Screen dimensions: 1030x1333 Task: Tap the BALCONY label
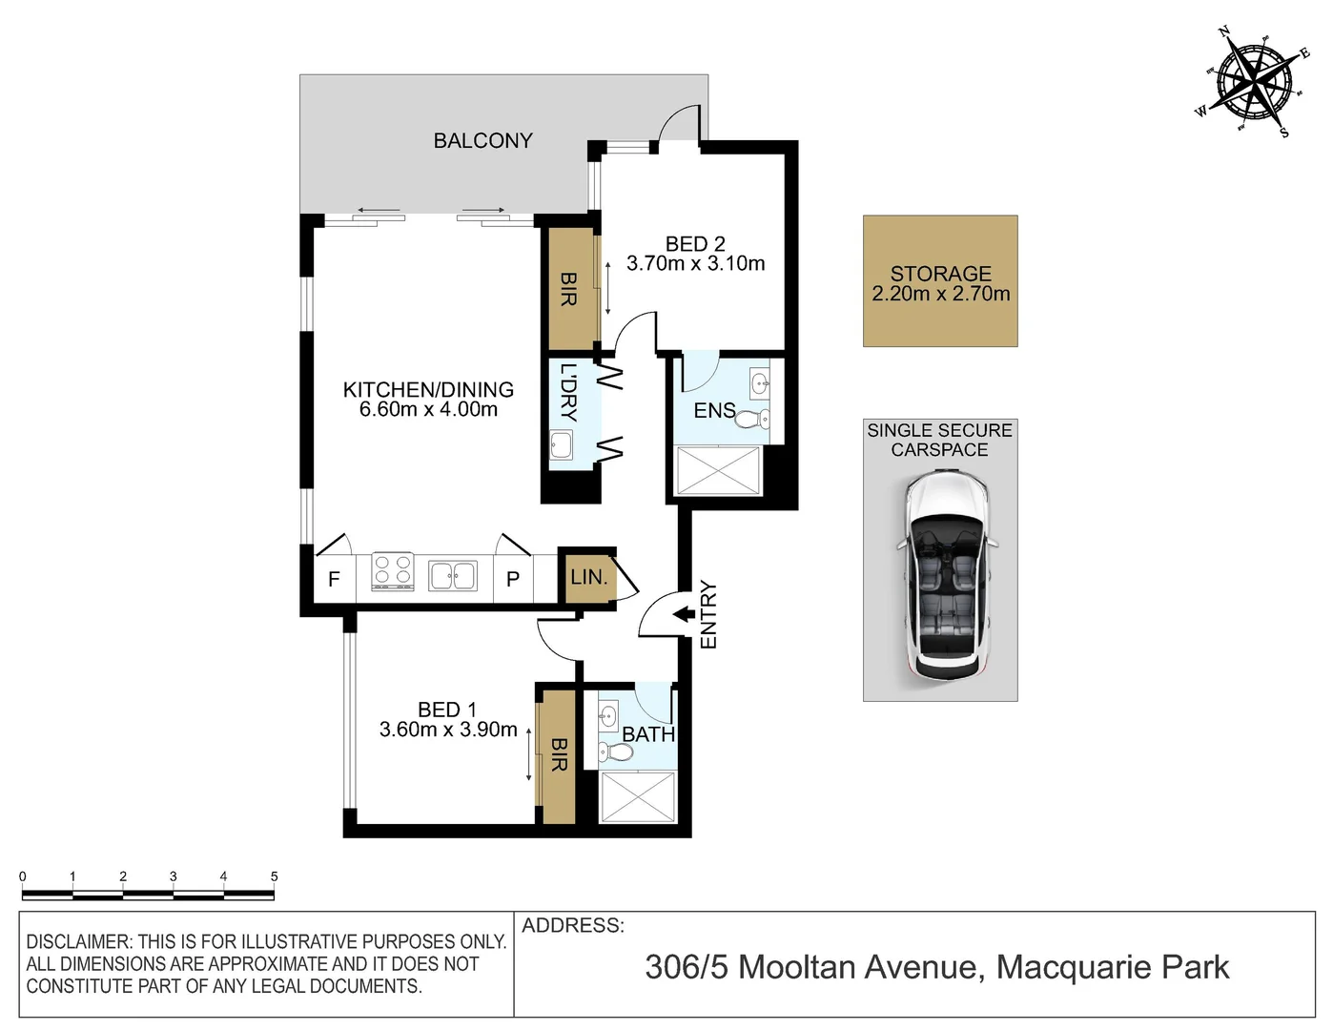482,141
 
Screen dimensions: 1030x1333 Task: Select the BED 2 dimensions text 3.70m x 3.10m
695,264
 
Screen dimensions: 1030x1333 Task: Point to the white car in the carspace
948,576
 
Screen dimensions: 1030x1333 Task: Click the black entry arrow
684,615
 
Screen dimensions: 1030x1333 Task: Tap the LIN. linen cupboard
588,578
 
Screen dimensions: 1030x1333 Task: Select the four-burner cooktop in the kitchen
392,572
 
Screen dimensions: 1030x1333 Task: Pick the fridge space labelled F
334,579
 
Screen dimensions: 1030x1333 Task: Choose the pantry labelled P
513,579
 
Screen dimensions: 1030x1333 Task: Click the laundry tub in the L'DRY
562,445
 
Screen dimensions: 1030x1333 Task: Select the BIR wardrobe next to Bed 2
568,289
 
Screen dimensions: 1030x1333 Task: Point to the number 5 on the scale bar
274,876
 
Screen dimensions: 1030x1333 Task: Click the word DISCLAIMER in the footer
78,942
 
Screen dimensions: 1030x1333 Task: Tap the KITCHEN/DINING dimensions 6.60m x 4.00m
428,410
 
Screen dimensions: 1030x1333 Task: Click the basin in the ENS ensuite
760,384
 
